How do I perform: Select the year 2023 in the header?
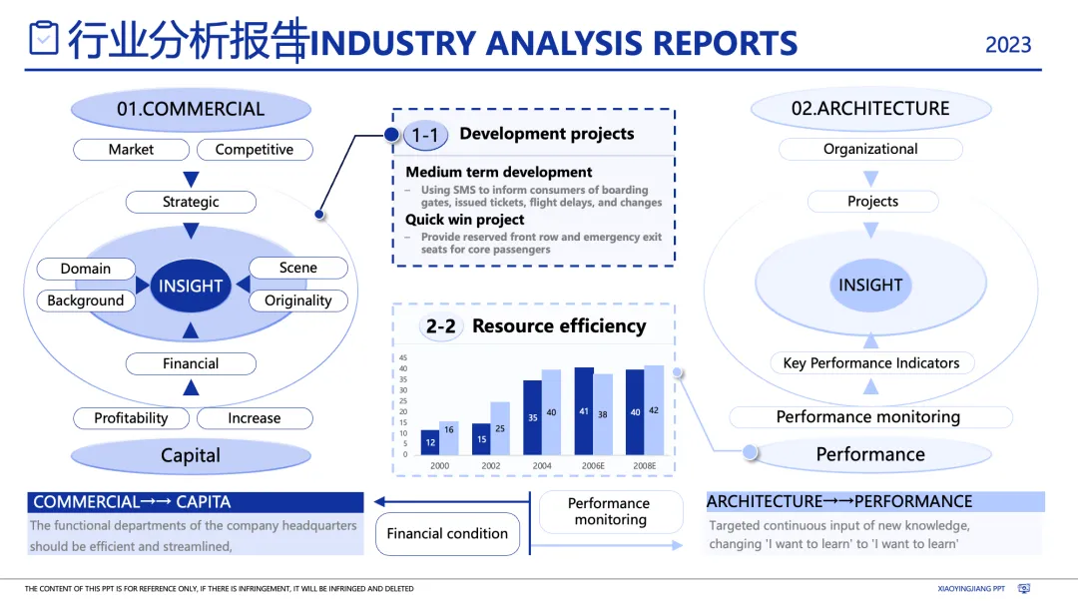(x=1008, y=45)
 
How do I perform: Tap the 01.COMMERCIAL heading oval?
(x=191, y=109)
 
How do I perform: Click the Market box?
(x=131, y=150)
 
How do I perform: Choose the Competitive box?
(x=255, y=150)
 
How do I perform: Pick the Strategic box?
(x=191, y=202)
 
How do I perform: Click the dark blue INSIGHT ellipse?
(x=191, y=286)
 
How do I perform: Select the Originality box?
(x=297, y=301)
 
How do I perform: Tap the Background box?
(x=86, y=301)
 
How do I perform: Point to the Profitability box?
(x=131, y=418)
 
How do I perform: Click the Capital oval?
(x=191, y=455)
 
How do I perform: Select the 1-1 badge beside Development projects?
(x=425, y=135)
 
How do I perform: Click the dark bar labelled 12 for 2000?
(x=430, y=442)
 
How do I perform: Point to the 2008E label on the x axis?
(x=644, y=466)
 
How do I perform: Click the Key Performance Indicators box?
(x=871, y=363)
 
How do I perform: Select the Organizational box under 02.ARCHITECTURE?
(x=870, y=150)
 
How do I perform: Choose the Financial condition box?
(x=447, y=534)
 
